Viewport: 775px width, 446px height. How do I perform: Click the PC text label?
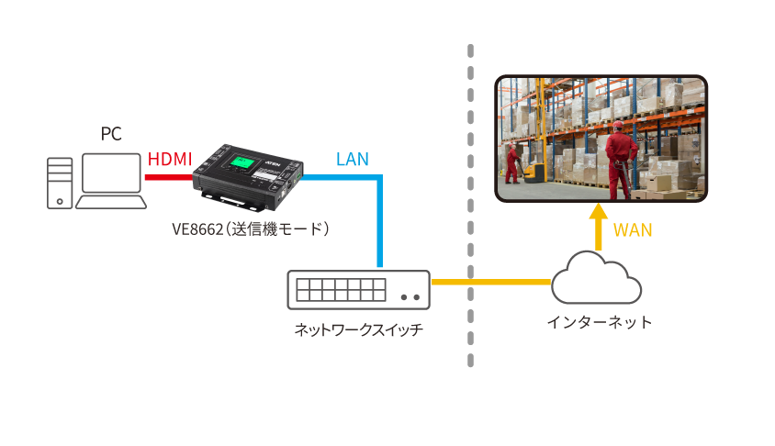(x=110, y=134)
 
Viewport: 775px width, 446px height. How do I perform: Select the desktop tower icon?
(x=60, y=182)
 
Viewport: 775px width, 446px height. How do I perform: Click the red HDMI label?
(x=170, y=160)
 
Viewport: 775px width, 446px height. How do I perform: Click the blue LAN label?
(x=352, y=160)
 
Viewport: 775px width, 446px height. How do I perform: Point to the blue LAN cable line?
(x=378, y=220)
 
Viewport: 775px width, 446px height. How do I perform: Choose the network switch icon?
(x=358, y=291)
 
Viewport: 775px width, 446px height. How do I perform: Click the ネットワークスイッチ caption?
(x=358, y=329)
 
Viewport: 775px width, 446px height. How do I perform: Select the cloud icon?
(x=597, y=277)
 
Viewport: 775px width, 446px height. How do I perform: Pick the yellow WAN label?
(x=633, y=230)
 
